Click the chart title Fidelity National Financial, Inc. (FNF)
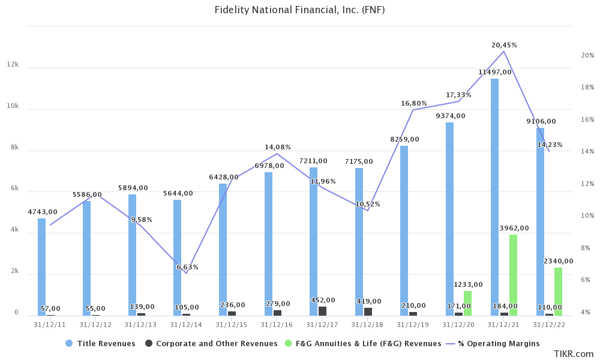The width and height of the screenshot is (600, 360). click(299, 10)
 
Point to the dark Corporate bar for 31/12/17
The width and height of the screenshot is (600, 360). click(323, 311)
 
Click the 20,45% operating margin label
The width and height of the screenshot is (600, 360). click(504, 45)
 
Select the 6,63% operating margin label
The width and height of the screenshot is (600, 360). click(187, 267)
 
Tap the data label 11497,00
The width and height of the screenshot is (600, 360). click(495, 72)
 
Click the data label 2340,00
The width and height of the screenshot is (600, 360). click(558, 261)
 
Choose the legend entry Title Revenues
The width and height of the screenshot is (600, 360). click(100, 344)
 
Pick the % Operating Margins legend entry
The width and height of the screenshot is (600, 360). click(494, 344)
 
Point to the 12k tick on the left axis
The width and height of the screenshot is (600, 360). click(13, 65)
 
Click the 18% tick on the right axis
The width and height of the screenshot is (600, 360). click(587, 87)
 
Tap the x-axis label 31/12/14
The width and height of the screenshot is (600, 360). click(186, 325)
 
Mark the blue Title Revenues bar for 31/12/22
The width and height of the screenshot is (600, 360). click(540, 222)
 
